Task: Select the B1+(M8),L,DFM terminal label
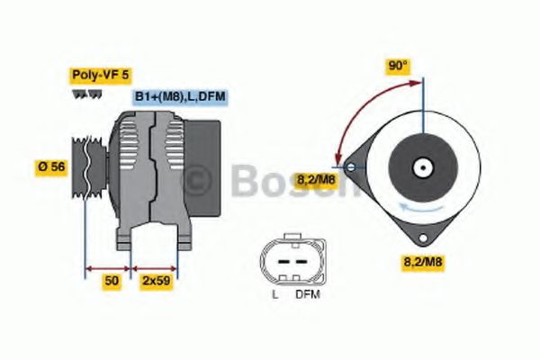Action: click(178, 97)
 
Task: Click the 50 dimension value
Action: click(111, 281)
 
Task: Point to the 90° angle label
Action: click(397, 67)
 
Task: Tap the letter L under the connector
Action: click(274, 294)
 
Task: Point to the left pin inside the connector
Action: click(279, 262)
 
